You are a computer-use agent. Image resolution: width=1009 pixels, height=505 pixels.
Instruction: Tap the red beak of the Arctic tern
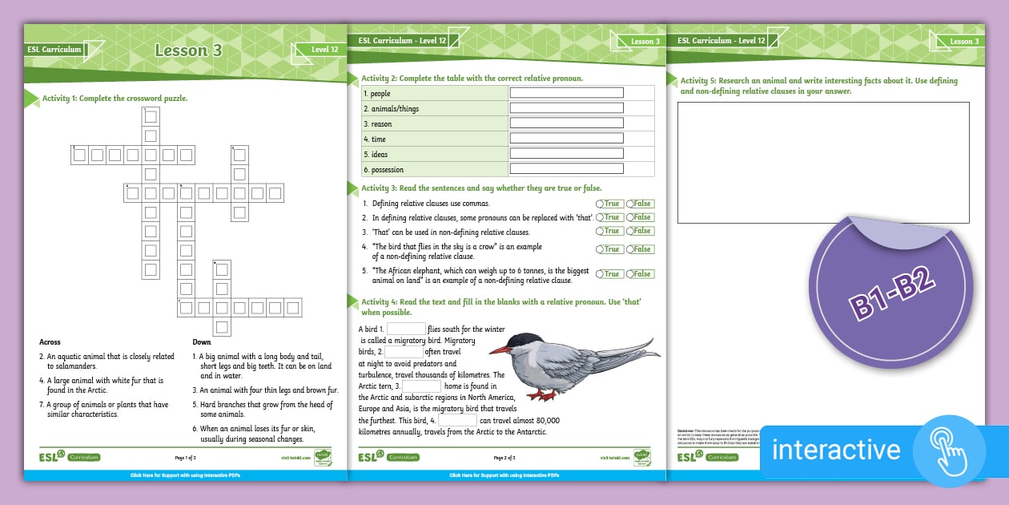[x=499, y=350]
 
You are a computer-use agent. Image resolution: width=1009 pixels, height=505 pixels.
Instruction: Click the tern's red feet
[x=545, y=396]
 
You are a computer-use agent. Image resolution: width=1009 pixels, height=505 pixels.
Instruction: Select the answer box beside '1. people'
[x=566, y=93]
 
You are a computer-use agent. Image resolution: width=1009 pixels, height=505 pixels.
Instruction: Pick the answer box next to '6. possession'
[x=566, y=169]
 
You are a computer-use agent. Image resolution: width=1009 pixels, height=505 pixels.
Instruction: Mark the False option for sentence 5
[x=640, y=274]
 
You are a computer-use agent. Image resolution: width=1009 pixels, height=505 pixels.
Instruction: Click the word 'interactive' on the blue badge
[x=836, y=450]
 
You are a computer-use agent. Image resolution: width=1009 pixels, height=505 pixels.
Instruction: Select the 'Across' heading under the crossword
[x=50, y=342]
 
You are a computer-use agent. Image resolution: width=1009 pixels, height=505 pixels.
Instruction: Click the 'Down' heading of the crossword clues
[x=202, y=342]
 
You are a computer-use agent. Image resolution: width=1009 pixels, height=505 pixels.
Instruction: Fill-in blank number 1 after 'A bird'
[x=407, y=329]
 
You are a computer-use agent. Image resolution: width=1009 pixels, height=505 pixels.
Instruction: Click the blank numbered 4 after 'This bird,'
[x=458, y=420]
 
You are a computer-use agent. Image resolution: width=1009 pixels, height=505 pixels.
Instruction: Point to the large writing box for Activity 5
[x=823, y=162]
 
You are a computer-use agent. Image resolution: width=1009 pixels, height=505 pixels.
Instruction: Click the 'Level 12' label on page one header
[x=324, y=50]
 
